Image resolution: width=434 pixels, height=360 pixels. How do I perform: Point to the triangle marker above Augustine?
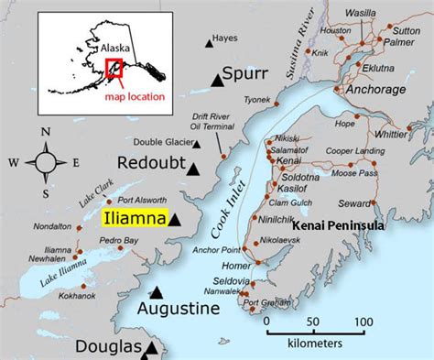click(157, 292)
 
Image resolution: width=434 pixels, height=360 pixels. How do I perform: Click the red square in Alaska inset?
click(114, 70)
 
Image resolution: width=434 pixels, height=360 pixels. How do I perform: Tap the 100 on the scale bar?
click(363, 322)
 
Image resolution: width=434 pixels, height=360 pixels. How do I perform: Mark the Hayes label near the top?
click(224, 38)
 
